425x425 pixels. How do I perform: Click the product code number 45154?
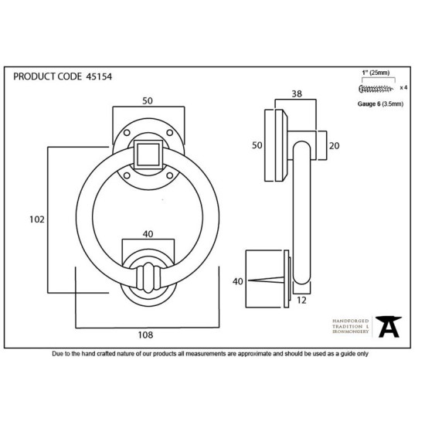point(99,76)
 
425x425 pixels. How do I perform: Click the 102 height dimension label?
point(37,219)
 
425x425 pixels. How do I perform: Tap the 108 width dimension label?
point(145,335)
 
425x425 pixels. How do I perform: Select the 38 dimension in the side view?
point(297,93)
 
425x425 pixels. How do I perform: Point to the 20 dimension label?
point(334,146)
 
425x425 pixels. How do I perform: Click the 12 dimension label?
point(301,301)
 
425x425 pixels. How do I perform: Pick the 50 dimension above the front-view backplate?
point(148,100)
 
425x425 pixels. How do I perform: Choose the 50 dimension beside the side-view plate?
point(257,145)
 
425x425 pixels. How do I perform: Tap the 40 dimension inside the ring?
point(148,234)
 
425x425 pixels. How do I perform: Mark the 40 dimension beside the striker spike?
point(238,281)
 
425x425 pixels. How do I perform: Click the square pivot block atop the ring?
point(148,155)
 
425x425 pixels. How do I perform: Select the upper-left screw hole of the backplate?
point(127,133)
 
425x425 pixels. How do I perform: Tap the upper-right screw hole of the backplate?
point(170,133)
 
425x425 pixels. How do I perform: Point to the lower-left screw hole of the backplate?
point(127,175)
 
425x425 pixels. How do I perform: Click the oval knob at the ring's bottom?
point(148,278)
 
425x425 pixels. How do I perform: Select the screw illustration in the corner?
point(376,88)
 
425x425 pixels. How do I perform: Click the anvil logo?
point(389,327)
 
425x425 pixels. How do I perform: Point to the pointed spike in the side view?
point(266,280)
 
